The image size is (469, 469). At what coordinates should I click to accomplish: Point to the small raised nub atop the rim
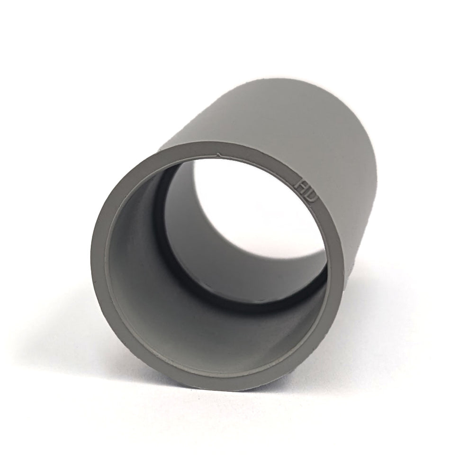coord(218,154)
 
